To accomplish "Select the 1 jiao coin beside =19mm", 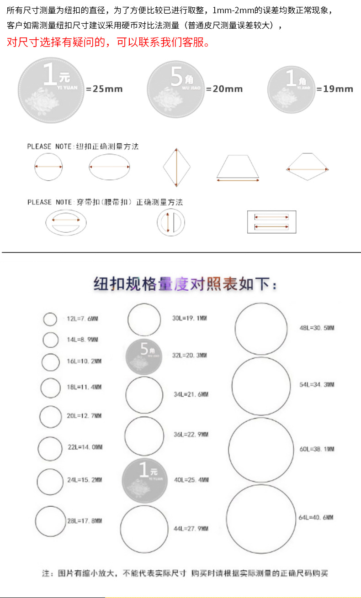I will [x=291, y=89].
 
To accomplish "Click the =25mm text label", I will [x=105, y=89].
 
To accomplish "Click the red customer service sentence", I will [x=109, y=43].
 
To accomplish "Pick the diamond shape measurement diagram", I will [x=176, y=167].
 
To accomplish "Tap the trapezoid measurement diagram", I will [x=238, y=168].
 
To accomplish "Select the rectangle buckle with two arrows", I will [x=271, y=222].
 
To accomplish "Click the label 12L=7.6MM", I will [x=82, y=319].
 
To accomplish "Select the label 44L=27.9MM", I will [x=191, y=529].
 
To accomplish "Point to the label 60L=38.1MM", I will [x=317, y=449].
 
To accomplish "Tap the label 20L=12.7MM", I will [x=84, y=416].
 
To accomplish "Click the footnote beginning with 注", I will [x=185, y=573].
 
